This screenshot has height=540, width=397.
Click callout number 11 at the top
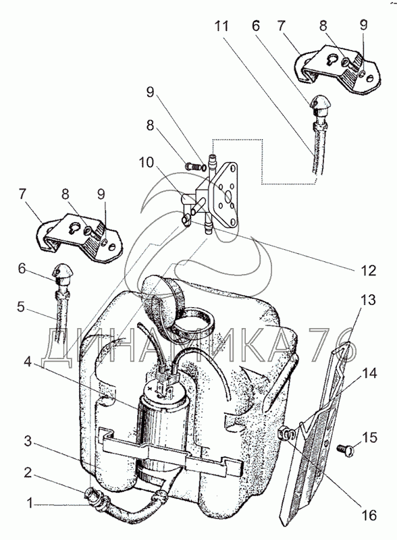pyautogui.click(x=222, y=26)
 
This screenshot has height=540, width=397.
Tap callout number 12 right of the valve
pyautogui.click(x=368, y=271)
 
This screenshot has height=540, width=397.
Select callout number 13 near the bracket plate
pyautogui.click(x=369, y=300)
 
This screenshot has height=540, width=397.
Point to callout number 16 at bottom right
pyautogui.click(x=369, y=515)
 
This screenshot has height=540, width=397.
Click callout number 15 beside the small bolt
pyautogui.click(x=370, y=437)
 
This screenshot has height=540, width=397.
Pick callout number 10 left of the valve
pyautogui.click(x=146, y=162)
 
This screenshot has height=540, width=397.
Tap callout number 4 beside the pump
pyautogui.click(x=28, y=362)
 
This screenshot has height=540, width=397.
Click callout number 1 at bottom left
pyautogui.click(x=30, y=504)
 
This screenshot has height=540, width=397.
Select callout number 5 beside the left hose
pyautogui.click(x=22, y=307)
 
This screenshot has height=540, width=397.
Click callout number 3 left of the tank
pyautogui.click(x=28, y=441)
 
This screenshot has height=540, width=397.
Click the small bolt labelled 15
pyautogui.click(x=344, y=449)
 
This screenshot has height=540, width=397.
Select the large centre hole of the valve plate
pyautogui.click(x=228, y=197)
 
